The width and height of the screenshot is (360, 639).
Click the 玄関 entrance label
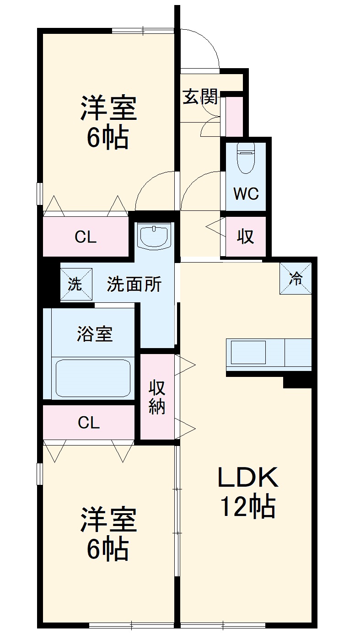(x=199, y=97)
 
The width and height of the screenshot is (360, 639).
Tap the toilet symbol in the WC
(x=246, y=158)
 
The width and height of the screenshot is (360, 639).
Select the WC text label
(x=246, y=194)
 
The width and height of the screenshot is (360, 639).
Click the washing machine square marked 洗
(x=76, y=284)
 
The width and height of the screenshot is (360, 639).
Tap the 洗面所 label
(x=134, y=285)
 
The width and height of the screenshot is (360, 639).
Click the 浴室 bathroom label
(x=94, y=334)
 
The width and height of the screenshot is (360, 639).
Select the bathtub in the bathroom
(x=94, y=378)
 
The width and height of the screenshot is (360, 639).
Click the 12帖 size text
(x=247, y=506)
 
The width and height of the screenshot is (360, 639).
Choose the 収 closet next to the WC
(x=245, y=236)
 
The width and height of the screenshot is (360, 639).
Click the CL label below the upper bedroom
(x=86, y=237)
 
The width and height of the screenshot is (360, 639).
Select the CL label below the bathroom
(x=88, y=423)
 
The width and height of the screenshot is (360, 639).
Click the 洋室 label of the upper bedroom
(x=108, y=108)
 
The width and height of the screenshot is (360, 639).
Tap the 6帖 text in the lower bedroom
(x=108, y=549)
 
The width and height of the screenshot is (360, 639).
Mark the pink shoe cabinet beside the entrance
(x=235, y=117)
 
